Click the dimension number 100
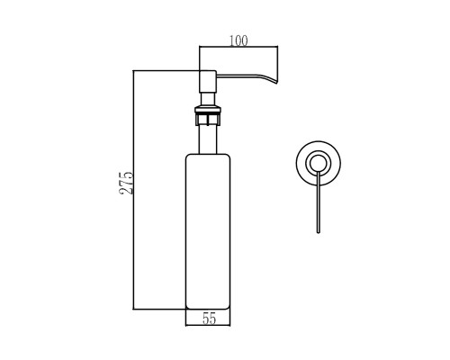tap(238, 40)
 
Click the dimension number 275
tap(126, 183)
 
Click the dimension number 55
tap(209, 319)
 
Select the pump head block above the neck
tap(208, 81)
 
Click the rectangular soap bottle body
tap(208, 231)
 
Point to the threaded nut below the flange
tap(208, 119)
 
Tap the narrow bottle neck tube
tap(208, 139)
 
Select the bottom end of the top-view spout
tap(319, 232)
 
